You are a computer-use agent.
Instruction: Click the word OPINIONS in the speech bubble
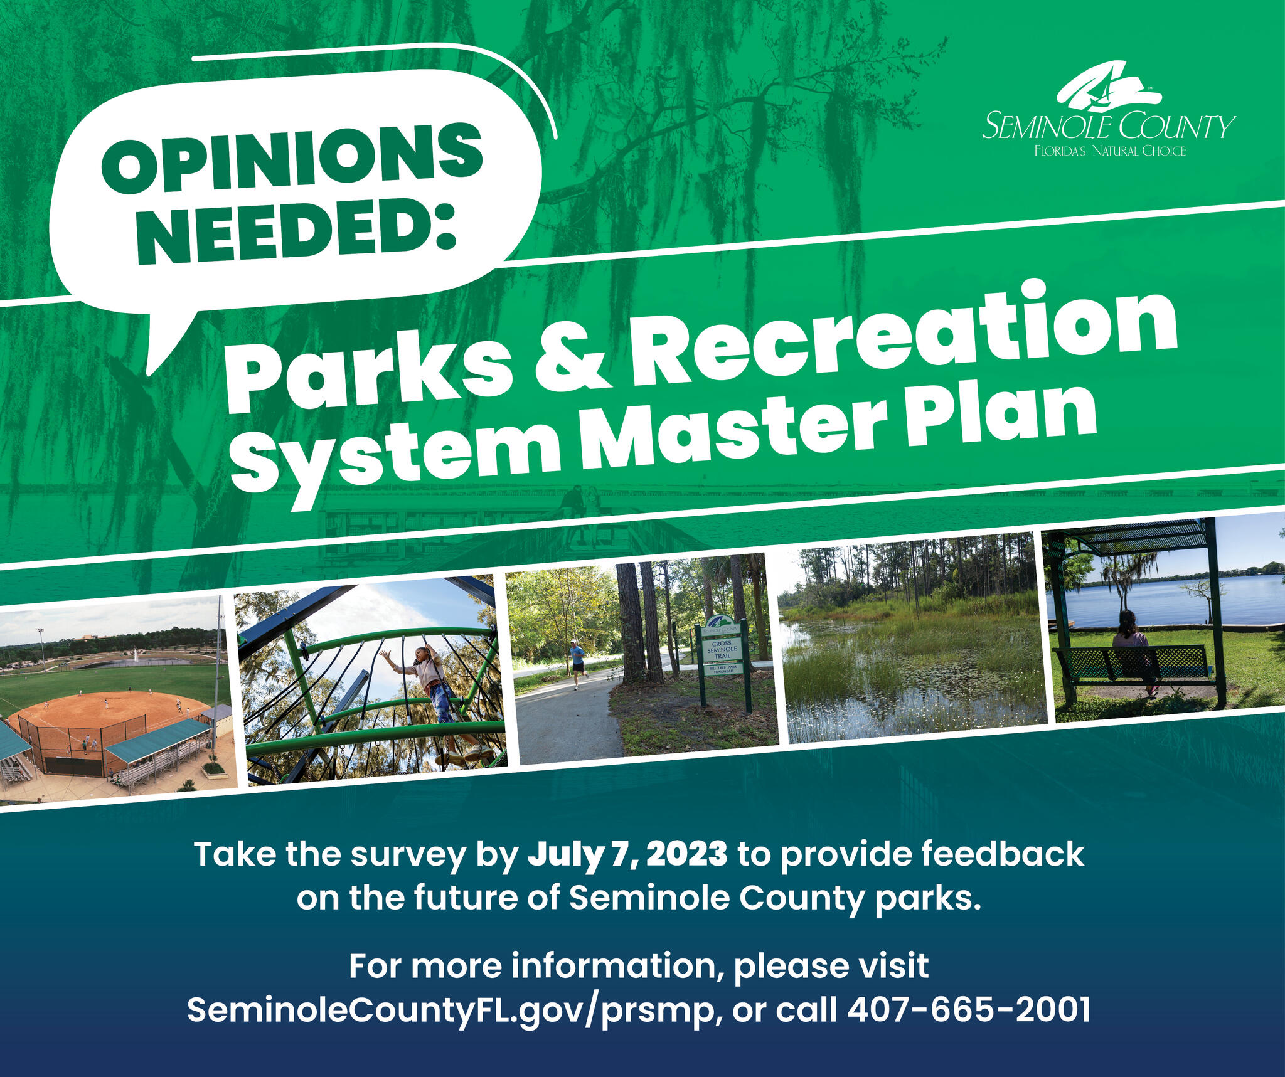click(x=292, y=157)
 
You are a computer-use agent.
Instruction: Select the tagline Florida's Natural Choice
click(x=1110, y=151)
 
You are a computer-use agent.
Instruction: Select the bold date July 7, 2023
click(x=627, y=854)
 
